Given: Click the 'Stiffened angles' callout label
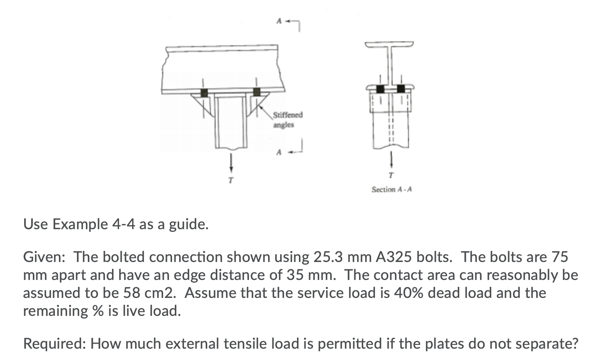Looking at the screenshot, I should (x=287, y=120).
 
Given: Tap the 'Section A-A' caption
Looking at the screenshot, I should (x=391, y=189).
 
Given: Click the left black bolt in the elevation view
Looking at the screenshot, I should (x=204, y=93).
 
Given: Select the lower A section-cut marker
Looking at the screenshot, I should (x=279, y=152).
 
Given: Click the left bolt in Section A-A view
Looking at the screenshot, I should (x=380, y=89).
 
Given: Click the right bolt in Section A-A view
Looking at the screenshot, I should (x=401, y=89).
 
